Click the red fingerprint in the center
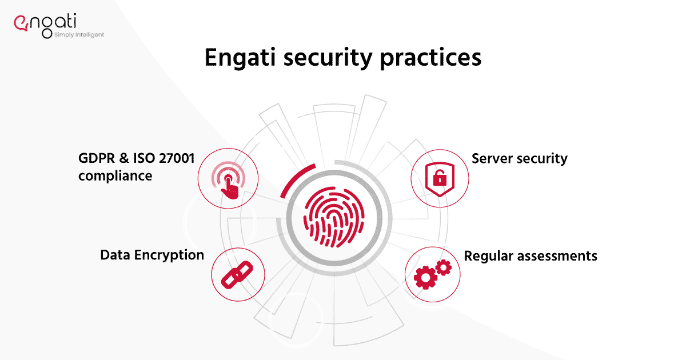(x=334, y=218)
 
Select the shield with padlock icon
(x=440, y=179)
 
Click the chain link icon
(x=237, y=275)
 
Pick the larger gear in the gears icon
(x=425, y=277)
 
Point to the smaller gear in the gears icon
(x=444, y=267)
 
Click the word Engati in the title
(x=241, y=58)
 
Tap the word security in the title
(x=328, y=58)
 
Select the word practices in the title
(x=430, y=58)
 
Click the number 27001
(x=177, y=159)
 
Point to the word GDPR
(x=97, y=159)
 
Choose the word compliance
(x=115, y=177)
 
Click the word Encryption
(x=169, y=255)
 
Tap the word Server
(x=492, y=159)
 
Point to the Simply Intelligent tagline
(x=79, y=35)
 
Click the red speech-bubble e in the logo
(x=21, y=23)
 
